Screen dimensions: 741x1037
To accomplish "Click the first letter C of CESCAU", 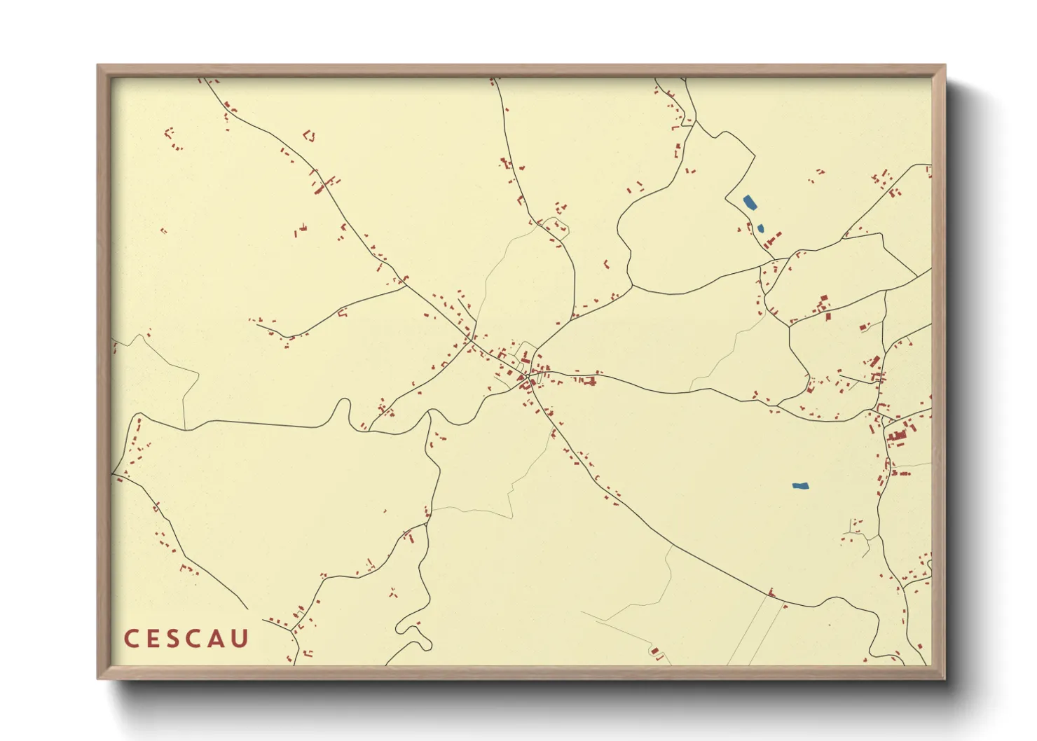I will coord(131,639).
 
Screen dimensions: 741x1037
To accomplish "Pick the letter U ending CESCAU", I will coord(240,639).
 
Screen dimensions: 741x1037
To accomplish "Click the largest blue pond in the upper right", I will coord(749,203).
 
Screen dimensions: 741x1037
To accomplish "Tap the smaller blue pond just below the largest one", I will coord(761,228).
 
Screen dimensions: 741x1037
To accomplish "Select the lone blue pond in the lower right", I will coord(800,485).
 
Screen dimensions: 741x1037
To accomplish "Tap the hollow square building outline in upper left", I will coord(309,134).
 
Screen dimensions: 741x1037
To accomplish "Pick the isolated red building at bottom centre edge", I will coord(656,651).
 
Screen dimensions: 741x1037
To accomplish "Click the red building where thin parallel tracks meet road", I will coord(771,593).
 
